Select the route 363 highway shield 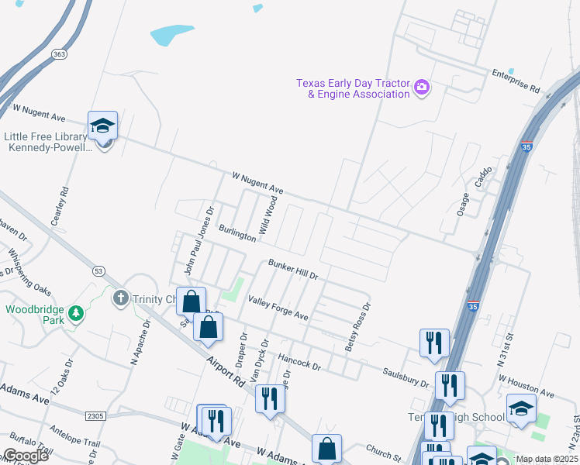[60, 53]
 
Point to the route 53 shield [98, 270]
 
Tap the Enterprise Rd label [516, 78]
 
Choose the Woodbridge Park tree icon [76, 313]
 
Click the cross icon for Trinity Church [120, 298]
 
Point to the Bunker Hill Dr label [293, 270]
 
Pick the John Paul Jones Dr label [199, 240]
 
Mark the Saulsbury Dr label [406, 377]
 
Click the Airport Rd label [226, 371]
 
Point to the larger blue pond [170, 34]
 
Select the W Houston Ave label [526, 386]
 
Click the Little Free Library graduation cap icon [102, 126]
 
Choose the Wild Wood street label [268, 215]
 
